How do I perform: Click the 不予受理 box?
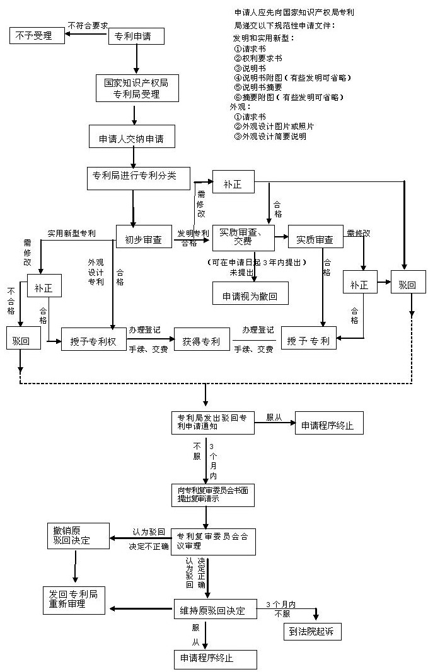[38, 35]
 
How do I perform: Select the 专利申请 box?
[137, 36]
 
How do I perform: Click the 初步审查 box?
[144, 239]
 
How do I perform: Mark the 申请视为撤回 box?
[250, 295]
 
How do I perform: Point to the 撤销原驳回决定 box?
[74, 535]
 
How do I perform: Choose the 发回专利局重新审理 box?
[74, 600]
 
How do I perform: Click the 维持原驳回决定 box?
[215, 610]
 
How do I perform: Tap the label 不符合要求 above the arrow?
[88, 25]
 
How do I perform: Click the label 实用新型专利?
[72, 234]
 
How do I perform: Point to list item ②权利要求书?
[258, 58]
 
